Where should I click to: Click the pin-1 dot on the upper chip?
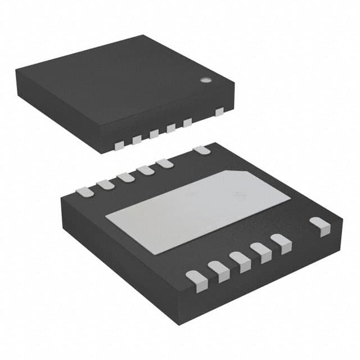pos(206,80)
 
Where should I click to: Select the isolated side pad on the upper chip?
pos(219,111)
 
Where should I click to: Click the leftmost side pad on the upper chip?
pos(119,145)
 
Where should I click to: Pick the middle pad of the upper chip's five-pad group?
pos(154,134)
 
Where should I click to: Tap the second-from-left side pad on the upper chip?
pos(136,139)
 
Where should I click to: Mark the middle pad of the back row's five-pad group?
pos(125,177)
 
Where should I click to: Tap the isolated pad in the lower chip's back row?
pos(201,150)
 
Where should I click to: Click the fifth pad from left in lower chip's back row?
pos(165,163)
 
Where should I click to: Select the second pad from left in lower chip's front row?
pos(219,269)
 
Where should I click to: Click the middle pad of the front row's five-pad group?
pos(241,260)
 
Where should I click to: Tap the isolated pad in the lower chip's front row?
pos(321,225)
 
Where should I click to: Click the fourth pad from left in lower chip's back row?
pos(145,170)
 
